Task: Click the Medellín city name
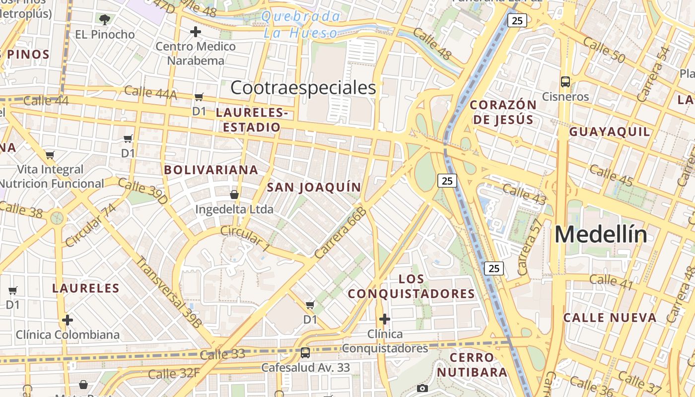tap(601, 234)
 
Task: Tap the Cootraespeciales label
tap(303, 88)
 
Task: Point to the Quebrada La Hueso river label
tap(301, 25)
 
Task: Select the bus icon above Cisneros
tap(565, 81)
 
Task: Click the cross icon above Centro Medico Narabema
tap(196, 32)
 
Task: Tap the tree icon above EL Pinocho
tap(104, 20)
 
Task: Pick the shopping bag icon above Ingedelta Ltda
tap(234, 195)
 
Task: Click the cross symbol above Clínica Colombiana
tap(68, 320)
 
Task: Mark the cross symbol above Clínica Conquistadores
tap(385, 319)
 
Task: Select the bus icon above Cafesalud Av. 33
tap(305, 353)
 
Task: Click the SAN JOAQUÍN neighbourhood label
tap(314, 187)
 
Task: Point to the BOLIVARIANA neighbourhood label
tap(211, 170)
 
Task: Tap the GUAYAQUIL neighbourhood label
tap(609, 132)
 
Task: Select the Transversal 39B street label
tap(169, 292)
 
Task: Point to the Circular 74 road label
tap(90, 225)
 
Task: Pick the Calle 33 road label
tap(222, 354)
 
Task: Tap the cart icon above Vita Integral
tap(50, 155)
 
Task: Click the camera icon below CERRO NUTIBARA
tap(422, 388)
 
